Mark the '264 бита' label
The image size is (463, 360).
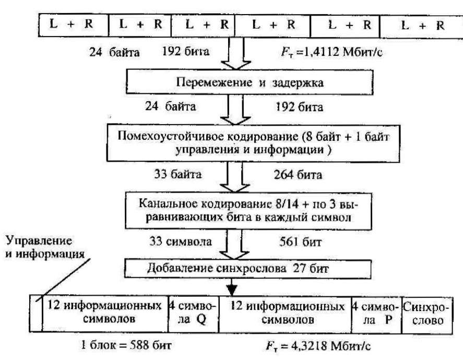pos(295,174)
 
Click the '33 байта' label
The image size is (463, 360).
pos(176,174)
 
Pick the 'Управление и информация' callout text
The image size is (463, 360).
pos(39,248)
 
